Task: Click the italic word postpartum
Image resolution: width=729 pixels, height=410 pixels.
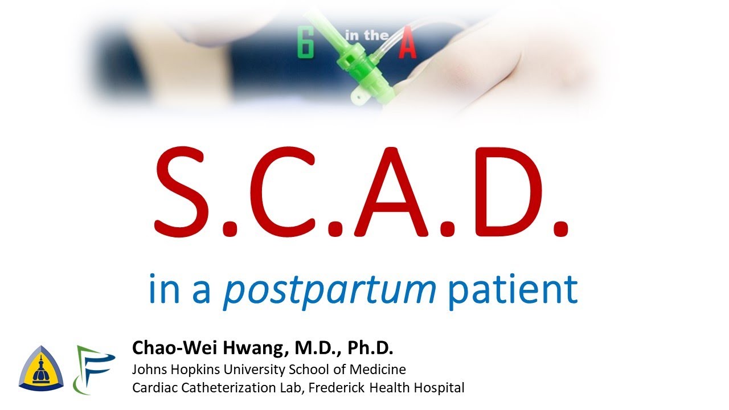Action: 330,289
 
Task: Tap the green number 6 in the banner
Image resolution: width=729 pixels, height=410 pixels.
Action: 306,45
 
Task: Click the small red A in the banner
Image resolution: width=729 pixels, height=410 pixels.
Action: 407,46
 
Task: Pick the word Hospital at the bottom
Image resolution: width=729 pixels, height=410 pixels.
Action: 440,388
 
